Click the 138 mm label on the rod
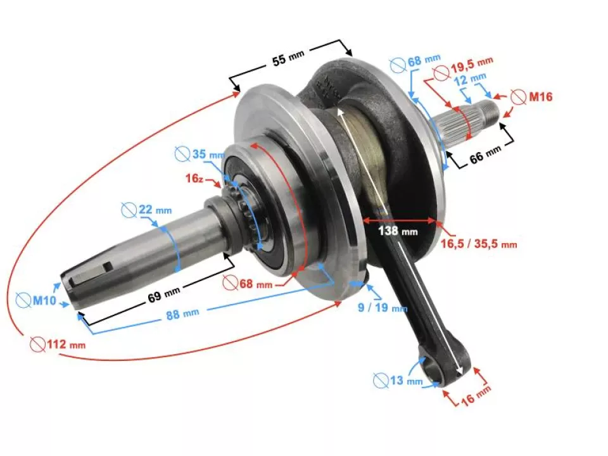pos(397,231)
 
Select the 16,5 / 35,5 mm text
pos(479,243)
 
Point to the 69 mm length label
pos(163,293)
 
